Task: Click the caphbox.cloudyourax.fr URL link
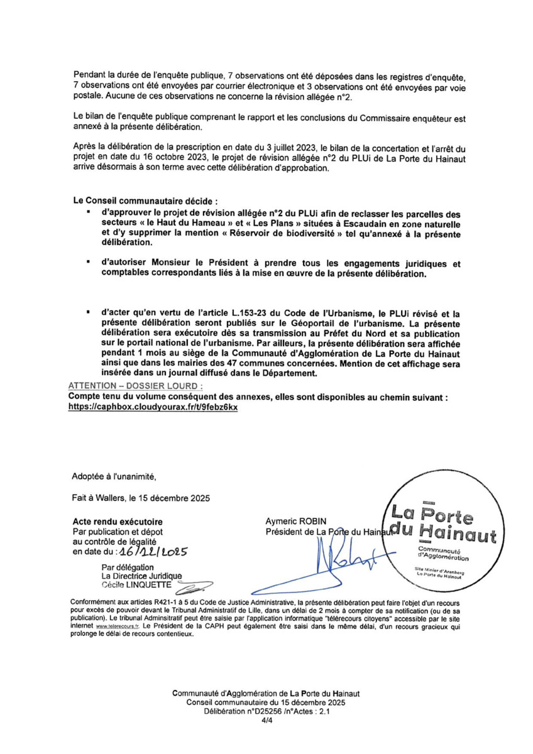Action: click(153, 407)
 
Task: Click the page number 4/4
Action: click(266, 723)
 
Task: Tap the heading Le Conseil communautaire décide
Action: click(145, 202)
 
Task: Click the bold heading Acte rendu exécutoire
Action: click(118, 522)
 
